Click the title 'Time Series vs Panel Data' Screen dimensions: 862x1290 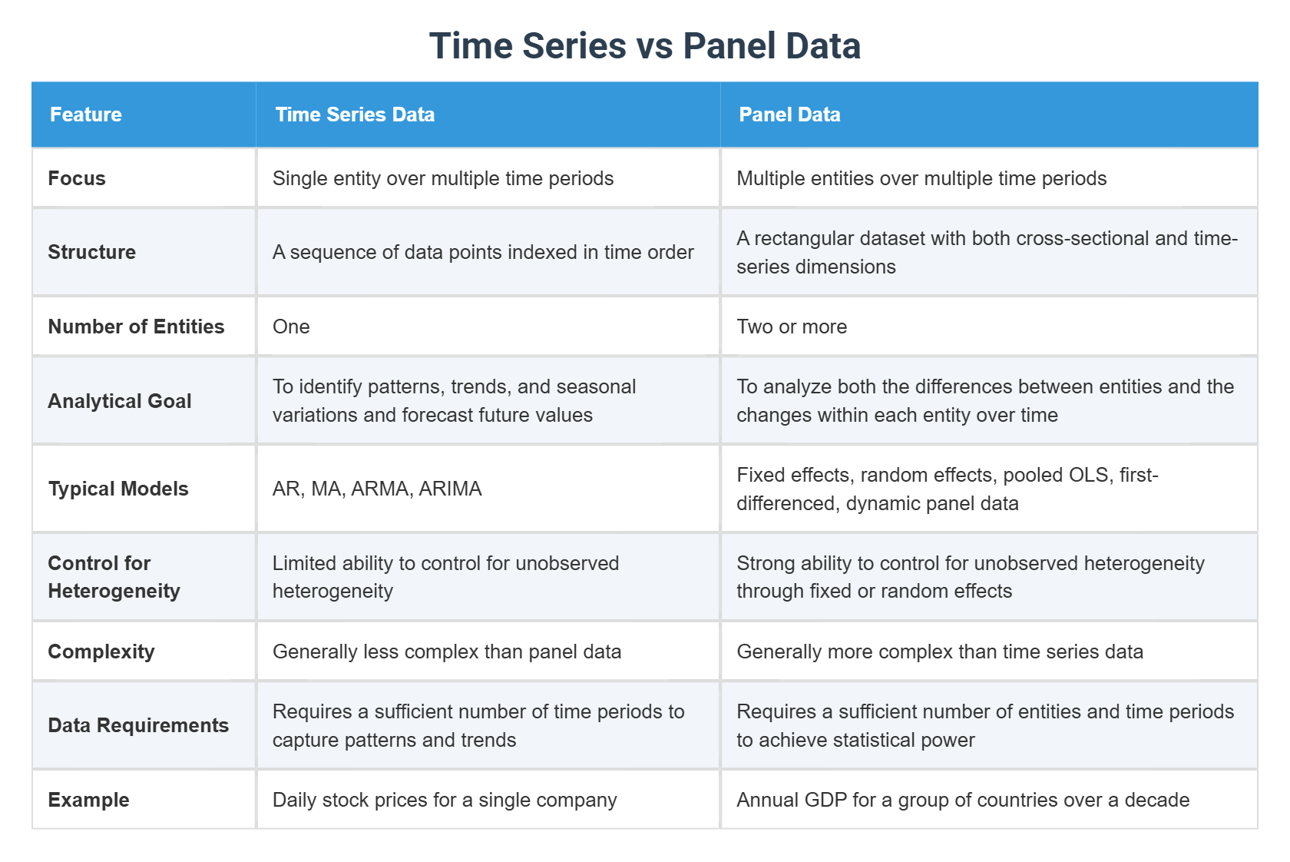[644, 46]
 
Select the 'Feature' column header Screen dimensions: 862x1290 [86, 114]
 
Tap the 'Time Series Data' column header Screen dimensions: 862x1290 [355, 114]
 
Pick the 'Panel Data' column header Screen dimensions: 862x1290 [789, 114]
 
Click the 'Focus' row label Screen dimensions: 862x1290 [77, 178]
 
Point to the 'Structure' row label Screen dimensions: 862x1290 [92, 252]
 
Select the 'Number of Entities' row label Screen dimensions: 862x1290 [136, 327]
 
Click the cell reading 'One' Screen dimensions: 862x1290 [291, 327]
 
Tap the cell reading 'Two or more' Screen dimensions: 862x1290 [792, 327]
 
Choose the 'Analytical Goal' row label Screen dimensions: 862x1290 [120, 401]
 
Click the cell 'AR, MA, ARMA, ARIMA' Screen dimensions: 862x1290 [377, 489]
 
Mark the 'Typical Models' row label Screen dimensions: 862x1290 [118, 489]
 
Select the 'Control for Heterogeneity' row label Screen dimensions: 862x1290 [114, 577]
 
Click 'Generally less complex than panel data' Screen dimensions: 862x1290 [447, 651]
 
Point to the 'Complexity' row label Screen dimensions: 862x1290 [101, 651]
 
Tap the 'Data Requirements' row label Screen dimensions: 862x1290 [138, 725]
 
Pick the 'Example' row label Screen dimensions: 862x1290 [88, 800]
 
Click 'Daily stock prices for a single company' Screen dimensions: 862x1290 [445, 800]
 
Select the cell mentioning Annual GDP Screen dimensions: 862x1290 [963, 800]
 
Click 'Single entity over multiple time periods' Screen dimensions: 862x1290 [443, 178]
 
